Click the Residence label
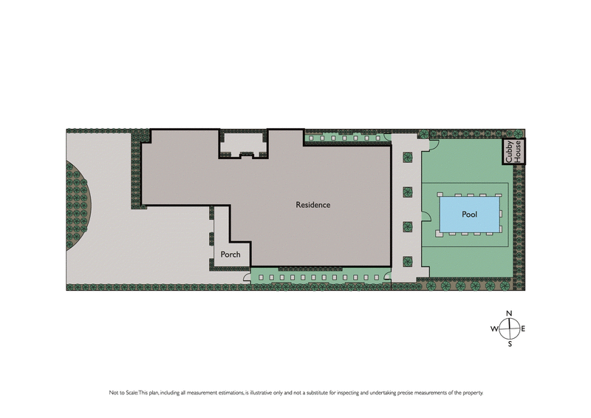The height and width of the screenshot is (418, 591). [x=312, y=205]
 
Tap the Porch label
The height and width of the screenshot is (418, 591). [x=230, y=255]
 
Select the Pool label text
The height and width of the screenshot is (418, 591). [x=469, y=215]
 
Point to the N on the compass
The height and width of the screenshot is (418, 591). [x=509, y=314]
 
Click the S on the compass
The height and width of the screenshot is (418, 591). [x=509, y=344]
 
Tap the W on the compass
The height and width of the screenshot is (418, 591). [x=493, y=328]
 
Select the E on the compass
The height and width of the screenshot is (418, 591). [x=523, y=328]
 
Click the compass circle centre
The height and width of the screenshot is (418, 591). [x=509, y=328]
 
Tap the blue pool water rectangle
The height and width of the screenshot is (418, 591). [x=469, y=214]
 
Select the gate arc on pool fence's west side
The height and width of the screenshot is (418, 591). [x=426, y=217]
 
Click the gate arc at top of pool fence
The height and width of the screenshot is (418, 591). [x=434, y=144]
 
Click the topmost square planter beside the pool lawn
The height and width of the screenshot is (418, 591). [x=407, y=158]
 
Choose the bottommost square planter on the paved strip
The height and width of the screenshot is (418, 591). [x=407, y=260]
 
